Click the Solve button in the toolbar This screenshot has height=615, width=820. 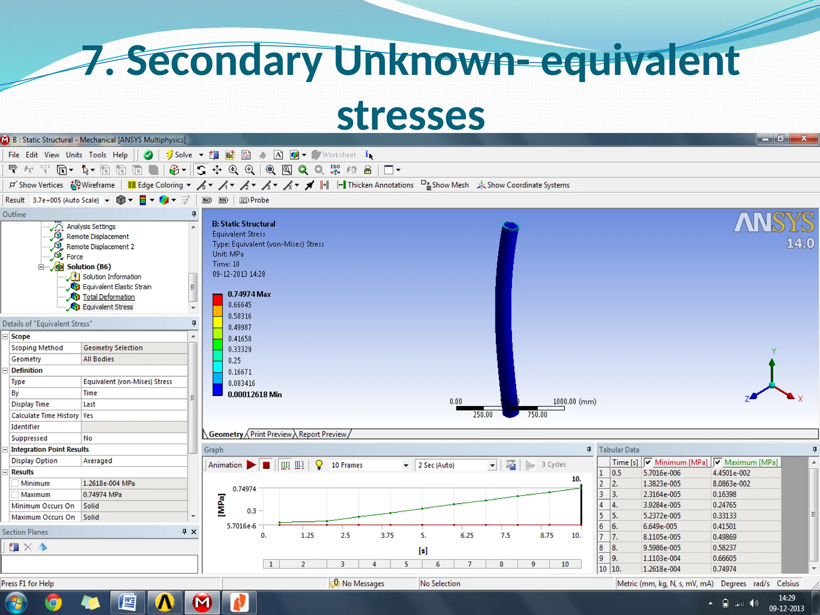179,155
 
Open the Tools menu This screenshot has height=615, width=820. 97,155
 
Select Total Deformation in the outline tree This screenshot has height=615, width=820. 109,297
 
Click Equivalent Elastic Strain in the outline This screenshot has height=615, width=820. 117,287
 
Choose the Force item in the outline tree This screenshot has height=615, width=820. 75,257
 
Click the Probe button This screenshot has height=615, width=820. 255,200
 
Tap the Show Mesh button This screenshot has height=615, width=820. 445,185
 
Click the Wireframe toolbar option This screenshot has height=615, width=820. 93,185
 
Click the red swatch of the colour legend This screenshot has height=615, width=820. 217,299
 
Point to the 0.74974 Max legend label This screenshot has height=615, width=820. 249,294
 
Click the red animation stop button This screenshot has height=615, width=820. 266,465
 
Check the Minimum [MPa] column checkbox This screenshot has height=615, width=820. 648,462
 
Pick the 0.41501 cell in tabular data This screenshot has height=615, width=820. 724,527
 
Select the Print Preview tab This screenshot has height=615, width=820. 271,434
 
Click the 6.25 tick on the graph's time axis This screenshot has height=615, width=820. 467,536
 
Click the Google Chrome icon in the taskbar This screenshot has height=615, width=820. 53,603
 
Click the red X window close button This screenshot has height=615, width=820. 804,139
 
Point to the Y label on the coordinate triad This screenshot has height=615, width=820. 774,351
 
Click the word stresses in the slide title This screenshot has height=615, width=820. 411,115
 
